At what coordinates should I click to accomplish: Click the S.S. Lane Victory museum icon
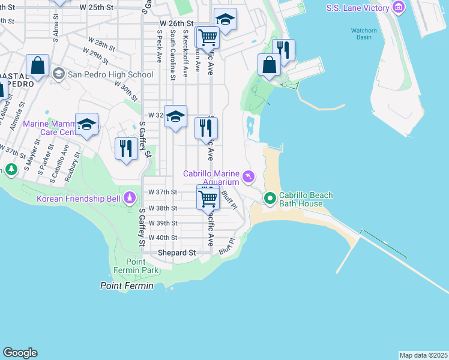click(x=397, y=8)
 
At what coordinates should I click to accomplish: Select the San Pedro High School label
click(x=110, y=74)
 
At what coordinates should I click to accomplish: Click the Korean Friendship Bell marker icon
click(x=130, y=197)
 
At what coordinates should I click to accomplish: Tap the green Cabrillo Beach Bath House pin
click(x=270, y=197)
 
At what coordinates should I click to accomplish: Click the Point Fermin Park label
click(x=142, y=266)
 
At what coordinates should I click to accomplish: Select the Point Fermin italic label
click(x=126, y=286)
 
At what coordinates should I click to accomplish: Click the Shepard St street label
click(x=176, y=253)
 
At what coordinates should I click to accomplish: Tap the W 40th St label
click(x=163, y=238)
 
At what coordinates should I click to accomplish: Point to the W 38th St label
click(x=163, y=208)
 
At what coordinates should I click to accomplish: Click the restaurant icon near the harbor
click(x=283, y=50)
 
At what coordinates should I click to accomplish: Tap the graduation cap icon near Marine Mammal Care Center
click(x=87, y=124)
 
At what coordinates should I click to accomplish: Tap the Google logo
click(x=20, y=353)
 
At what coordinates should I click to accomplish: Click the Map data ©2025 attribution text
click(x=423, y=355)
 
